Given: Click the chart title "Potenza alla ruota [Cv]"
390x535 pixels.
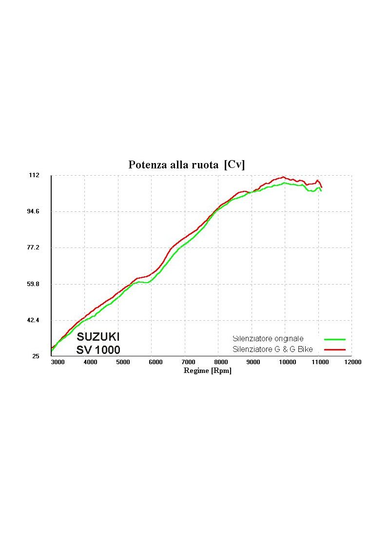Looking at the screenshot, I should [x=186, y=165].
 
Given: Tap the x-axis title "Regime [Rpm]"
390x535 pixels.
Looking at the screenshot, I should [x=207, y=370].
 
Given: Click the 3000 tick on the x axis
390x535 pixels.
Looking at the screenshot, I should [x=58, y=362].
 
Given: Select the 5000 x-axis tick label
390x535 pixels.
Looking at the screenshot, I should [x=123, y=362].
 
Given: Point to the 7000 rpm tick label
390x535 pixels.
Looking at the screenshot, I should [x=188, y=362].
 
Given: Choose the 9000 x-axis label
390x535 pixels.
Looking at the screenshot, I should [x=253, y=362].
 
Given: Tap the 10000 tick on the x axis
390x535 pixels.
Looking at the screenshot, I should [x=287, y=362].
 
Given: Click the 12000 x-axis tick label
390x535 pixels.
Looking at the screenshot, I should [x=352, y=362].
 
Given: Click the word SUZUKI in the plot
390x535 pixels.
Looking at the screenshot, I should [x=98, y=337].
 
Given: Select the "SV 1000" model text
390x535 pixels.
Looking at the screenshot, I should [x=98, y=350].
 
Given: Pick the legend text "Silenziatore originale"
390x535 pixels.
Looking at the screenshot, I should [x=268, y=338].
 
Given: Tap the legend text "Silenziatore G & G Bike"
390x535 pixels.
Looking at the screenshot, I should [x=273, y=349].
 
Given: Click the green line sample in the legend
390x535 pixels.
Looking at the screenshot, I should [x=335, y=339].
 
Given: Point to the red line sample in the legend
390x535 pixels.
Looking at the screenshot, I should [x=335, y=350].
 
